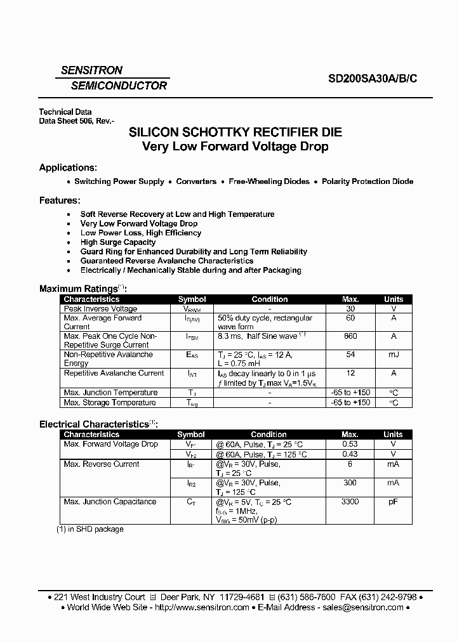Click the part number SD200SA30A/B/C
373,79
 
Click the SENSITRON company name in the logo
91,70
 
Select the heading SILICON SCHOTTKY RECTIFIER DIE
235,133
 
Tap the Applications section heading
68,167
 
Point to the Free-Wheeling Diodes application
269,181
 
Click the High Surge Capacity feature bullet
117,242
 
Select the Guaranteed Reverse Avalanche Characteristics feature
166,261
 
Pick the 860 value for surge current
350,336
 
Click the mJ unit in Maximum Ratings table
394,355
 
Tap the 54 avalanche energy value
350,355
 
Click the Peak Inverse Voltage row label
100,308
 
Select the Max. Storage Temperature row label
109,403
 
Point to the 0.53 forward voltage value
350,444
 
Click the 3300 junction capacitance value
350,502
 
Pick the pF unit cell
394,502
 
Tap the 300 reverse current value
350,483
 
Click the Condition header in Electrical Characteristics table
269,435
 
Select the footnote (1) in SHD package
90,529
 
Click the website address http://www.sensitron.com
201,607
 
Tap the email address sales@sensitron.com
362,607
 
